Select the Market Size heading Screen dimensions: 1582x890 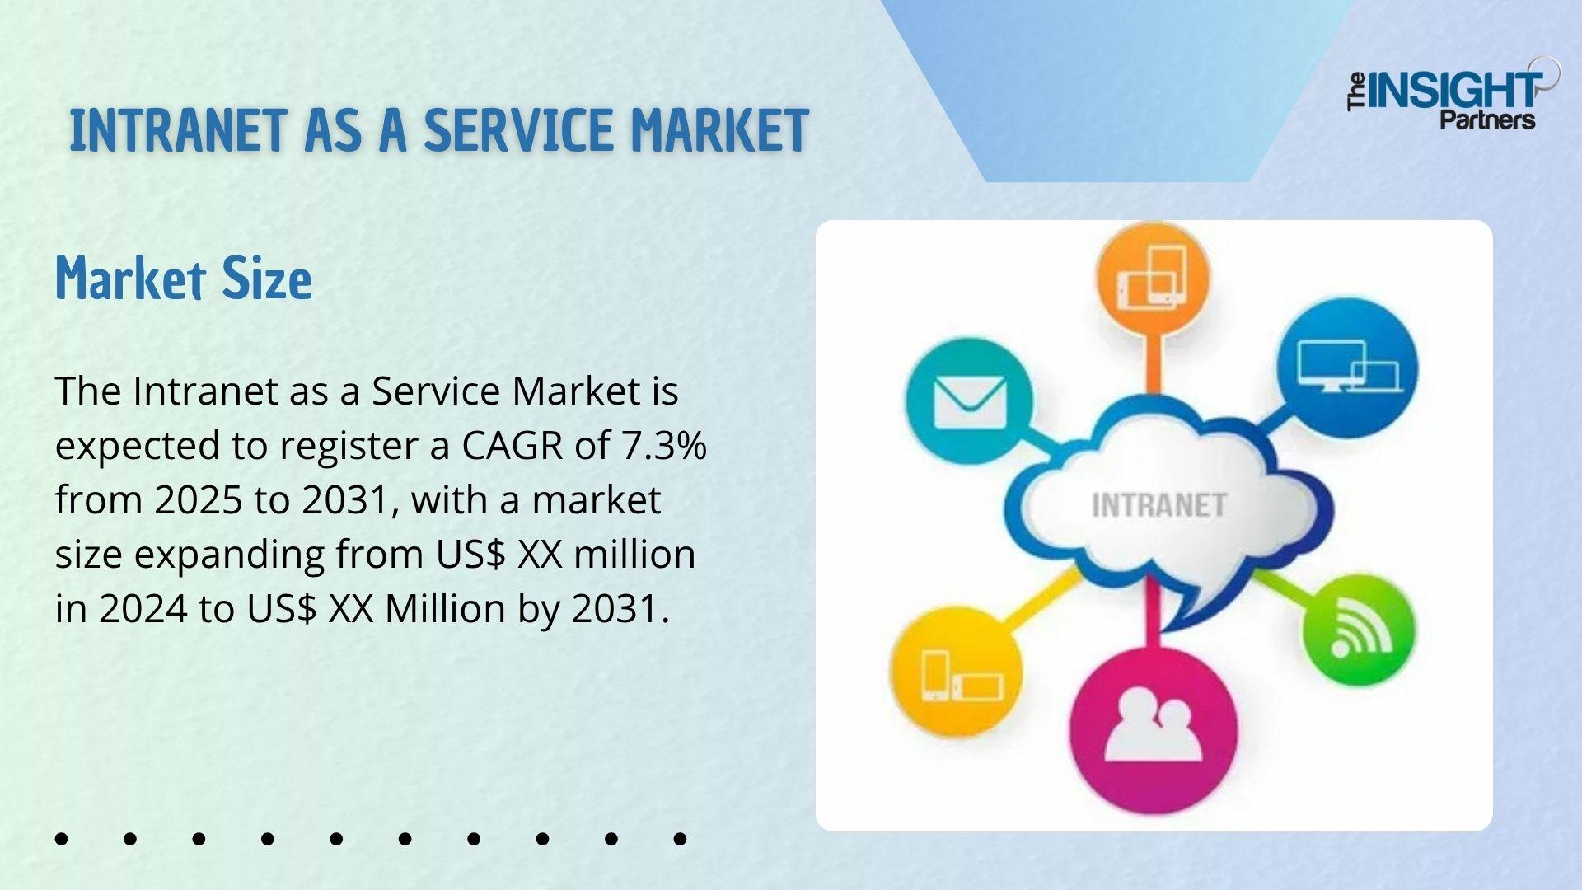[184, 278]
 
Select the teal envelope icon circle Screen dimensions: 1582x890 [969, 401]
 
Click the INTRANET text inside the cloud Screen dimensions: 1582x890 [1159, 505]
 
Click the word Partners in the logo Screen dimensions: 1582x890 [1487, 120]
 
